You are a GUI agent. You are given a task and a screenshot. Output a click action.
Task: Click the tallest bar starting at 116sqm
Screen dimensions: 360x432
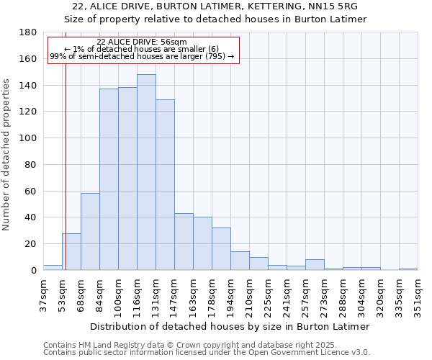(x=146, y=173)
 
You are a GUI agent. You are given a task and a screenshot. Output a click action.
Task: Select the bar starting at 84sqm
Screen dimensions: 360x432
(x=109, y=180)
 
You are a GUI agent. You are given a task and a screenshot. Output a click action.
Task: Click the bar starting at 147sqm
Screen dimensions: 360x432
(x=184, y=242)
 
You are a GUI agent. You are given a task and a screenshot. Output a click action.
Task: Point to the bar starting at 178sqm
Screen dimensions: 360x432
(x=221, y=249)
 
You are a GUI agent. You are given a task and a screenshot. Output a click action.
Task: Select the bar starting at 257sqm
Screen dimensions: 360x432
(x=315, y=265)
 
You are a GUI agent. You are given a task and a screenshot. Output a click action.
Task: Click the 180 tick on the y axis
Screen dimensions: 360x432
(x=29, y=32)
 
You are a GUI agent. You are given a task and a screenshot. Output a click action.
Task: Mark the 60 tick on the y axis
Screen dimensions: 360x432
(x=32, y=191)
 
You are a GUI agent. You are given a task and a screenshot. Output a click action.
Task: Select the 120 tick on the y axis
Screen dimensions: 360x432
(x=29, y=112)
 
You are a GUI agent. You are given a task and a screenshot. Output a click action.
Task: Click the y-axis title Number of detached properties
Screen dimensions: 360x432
(x=6, y=165)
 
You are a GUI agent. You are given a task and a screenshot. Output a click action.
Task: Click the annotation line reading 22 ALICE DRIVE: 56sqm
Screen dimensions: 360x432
(x=142, y=42)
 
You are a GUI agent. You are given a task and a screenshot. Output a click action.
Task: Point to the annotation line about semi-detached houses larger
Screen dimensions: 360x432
(x=142, y=55)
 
